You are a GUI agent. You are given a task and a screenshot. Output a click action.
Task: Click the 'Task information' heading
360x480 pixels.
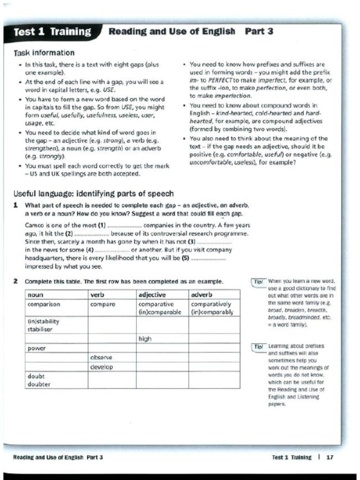coord(45,52)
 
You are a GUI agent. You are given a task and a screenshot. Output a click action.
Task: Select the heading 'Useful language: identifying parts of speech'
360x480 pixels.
coord(94,194)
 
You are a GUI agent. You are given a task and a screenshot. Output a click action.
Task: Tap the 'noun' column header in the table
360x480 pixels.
coord(36,295)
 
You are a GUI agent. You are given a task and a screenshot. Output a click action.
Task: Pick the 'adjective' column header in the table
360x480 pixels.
coord(152,295)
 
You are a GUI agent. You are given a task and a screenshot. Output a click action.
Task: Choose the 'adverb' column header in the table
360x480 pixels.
coord(202,295)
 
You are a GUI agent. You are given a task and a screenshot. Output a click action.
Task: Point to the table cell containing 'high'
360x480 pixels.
coord(145,338)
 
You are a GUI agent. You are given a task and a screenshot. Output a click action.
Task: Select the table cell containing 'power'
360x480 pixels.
coord(36,349)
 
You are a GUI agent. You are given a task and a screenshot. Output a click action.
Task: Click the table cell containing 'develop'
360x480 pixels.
coord(102,367)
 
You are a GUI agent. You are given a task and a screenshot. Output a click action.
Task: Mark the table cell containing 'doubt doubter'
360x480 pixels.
coord(39,380)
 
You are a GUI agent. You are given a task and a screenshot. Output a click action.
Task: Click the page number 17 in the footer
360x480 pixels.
coord(330,457)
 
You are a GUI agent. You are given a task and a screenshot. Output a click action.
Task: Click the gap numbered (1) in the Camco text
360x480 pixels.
coord(122,225)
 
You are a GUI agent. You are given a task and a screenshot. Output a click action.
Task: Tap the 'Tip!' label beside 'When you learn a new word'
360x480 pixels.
coord(258,282)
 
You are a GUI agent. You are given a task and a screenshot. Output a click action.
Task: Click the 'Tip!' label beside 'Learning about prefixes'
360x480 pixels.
coord(258,346)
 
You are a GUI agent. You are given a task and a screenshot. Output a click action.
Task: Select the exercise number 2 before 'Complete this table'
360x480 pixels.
coord(15,282)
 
